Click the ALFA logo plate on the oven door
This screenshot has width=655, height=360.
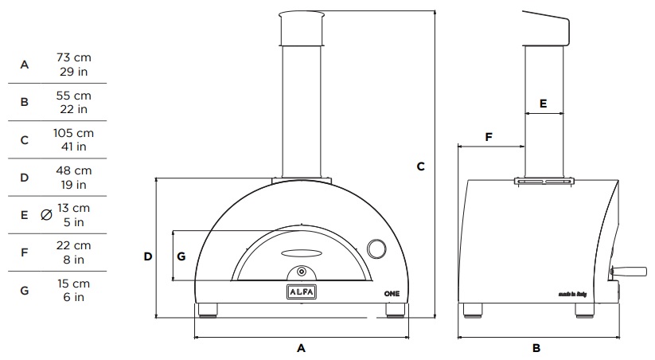302,292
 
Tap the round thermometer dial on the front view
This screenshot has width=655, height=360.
376,248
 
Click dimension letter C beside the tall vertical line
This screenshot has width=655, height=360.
420,166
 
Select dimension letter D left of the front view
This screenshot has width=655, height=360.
147,256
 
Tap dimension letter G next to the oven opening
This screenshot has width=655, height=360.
181,256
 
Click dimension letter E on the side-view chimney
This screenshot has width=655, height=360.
543,104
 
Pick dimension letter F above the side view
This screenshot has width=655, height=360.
489,137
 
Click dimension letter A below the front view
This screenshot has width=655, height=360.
301,348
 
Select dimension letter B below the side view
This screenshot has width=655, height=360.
536,348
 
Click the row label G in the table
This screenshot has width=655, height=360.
25,290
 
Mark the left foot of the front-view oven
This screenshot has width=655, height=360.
208,309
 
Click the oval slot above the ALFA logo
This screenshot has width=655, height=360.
301,254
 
